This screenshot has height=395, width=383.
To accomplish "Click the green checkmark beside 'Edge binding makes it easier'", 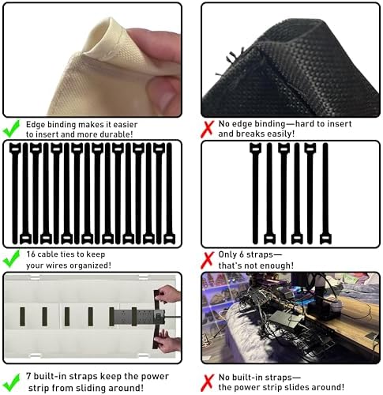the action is tap(11, 129).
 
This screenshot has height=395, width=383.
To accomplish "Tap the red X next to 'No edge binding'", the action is tap(208, 129).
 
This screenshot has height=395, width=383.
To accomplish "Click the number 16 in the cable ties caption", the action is tap(31, 254).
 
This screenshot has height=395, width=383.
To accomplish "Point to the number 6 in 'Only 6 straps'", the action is tap(240, 254).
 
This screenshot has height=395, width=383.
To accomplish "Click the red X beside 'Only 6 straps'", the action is tap(208, 260).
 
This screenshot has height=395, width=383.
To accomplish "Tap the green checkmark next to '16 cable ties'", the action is tap(11, 258).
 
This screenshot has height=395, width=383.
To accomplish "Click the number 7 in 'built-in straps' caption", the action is tap(28, 376).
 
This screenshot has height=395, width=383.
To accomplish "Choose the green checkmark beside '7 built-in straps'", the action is tap(11, 382).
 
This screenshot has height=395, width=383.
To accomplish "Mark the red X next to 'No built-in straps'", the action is tap(208, 383).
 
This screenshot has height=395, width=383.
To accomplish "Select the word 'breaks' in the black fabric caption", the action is tap(249, 134).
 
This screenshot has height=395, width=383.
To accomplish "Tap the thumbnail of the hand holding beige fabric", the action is tap(92, 60).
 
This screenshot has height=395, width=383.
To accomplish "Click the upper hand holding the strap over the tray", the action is tap(169, 293).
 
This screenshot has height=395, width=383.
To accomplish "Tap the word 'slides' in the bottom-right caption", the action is tap(299, 387).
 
